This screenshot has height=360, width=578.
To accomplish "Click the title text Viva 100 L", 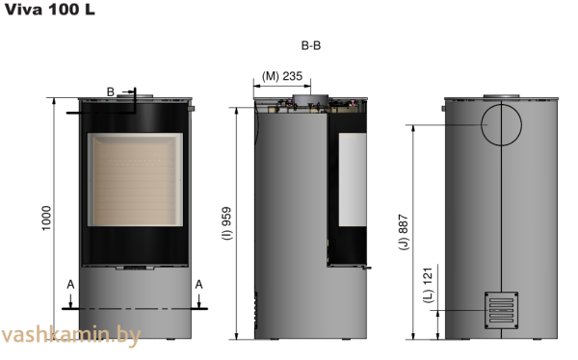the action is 50,10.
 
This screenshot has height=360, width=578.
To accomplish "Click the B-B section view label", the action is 311,45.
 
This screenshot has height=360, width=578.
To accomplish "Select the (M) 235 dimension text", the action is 282,76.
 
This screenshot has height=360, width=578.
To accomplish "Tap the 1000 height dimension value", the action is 46,219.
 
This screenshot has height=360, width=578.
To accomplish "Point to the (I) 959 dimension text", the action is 227,223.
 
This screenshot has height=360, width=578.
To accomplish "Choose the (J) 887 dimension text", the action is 404,232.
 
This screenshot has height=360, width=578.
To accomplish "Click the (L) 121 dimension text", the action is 428,286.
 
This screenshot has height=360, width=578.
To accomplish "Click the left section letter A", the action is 70,285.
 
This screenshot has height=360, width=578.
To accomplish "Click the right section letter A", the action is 198,285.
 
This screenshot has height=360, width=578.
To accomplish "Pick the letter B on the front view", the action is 110,91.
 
